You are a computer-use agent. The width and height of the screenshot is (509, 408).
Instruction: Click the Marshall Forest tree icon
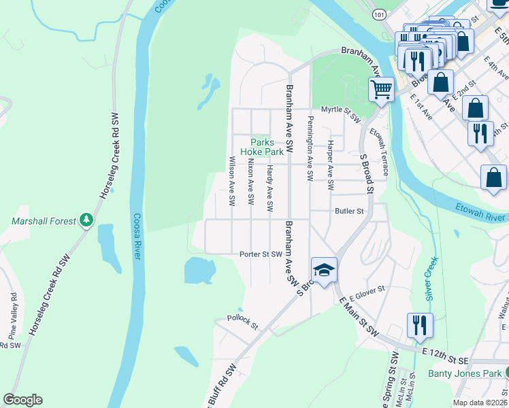(x=86, y=220)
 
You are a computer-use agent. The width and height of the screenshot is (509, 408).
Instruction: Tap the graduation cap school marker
(x=325, y=270)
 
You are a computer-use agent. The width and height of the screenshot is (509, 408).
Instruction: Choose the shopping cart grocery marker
(x=381, y=89)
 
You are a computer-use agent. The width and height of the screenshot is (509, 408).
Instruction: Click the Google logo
(x=22, y=400)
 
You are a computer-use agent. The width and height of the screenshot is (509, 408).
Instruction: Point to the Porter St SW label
(x=261, y=254)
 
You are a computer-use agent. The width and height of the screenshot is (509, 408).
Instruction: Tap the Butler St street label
(x=350, y=211)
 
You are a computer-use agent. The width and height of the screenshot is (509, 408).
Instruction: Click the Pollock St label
(x=243, y=322)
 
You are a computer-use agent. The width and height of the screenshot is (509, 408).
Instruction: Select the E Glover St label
(x=367, y=293)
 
